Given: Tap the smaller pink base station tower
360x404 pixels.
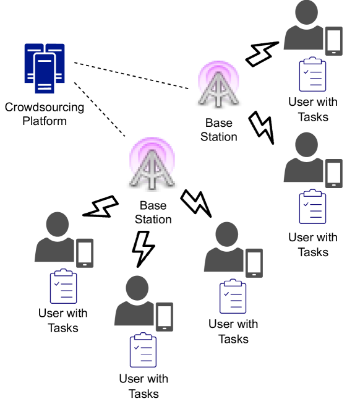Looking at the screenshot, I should click(218, 83).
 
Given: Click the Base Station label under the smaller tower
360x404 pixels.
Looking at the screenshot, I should click(218, 130).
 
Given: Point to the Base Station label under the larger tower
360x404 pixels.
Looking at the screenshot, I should click(153, 212).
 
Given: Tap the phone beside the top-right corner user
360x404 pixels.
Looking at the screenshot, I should click(334, 41).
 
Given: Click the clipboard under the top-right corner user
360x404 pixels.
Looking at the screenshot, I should click(312, 74).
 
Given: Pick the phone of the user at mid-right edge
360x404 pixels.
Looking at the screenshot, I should click(334, 173).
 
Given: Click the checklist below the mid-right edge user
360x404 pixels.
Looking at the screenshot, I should click(312, 207).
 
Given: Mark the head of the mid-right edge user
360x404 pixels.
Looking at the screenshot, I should click(306, 145).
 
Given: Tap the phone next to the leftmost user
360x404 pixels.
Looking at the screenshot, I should click(85, 253).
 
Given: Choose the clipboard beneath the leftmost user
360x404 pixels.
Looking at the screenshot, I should click(64, 286).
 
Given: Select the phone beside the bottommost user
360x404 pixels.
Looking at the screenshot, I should click(165, 317).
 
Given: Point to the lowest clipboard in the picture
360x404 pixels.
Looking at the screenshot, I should click(143, 350).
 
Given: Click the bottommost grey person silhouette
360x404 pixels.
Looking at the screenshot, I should click(135, 303).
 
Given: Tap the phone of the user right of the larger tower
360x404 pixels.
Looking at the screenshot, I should click(254, 263).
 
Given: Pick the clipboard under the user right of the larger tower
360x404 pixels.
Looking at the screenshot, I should click(233, 296).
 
